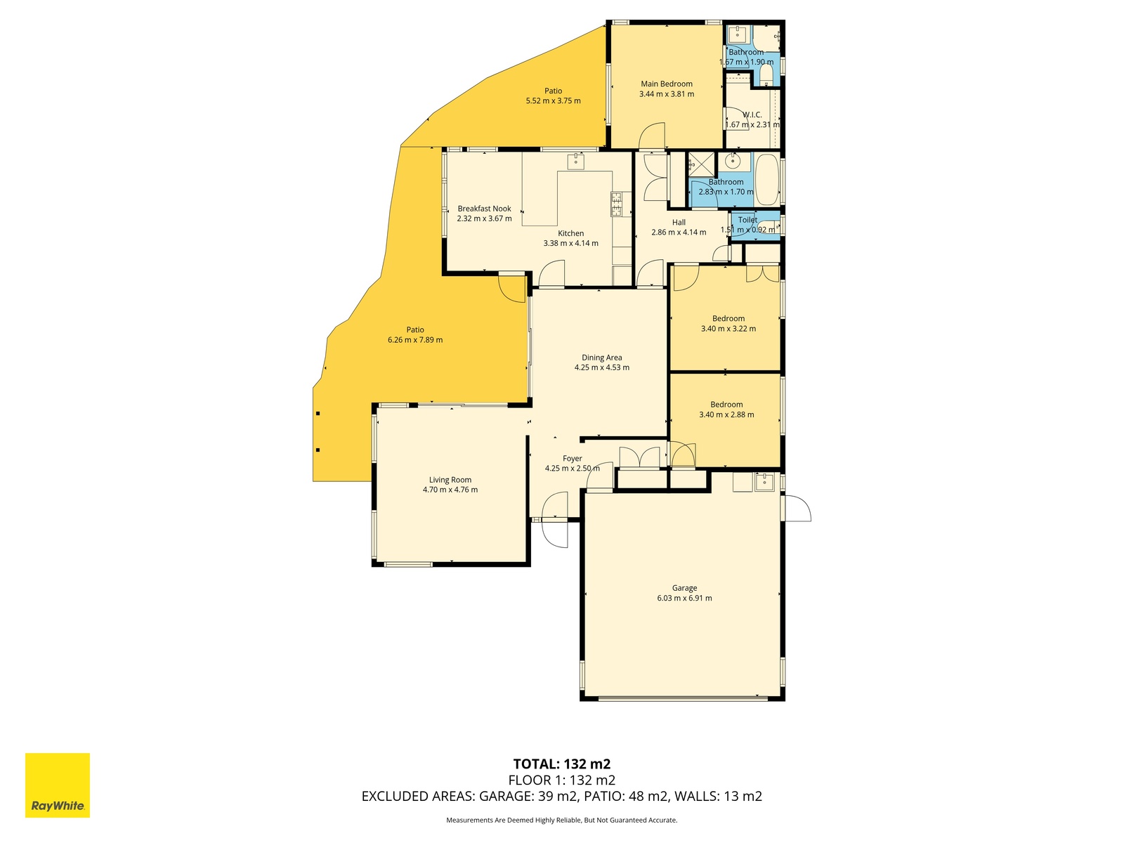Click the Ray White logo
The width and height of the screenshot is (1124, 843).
[x=58, y=785]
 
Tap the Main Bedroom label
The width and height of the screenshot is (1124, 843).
[x=666, y=84]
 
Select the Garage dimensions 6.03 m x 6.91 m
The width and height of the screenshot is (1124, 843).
[x=684, y=598]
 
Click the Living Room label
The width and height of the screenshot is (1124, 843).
[x=450, y=480]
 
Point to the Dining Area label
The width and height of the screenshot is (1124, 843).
[x=601, y=358]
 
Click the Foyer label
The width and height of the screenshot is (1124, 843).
[x=572, y=459]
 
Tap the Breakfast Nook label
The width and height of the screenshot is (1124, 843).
[x=485, y=209]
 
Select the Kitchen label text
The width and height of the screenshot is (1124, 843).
[x=570, y=233]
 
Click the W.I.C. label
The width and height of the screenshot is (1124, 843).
[x=752, y=115]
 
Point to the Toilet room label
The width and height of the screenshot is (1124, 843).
[x=747, y=220]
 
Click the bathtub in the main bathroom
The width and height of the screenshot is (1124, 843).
[x=766, y=179]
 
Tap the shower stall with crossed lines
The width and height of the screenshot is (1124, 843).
[x=702, y=164]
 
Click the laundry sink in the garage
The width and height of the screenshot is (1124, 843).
[x=764, y=482]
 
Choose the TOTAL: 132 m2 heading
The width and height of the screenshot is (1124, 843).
[x=562, y=764]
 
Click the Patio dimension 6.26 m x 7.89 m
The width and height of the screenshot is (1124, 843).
[x=415, y=340]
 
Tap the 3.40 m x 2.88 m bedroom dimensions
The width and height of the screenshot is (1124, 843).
[x=726, y=414]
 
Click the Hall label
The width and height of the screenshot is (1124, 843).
[x=679, y=222]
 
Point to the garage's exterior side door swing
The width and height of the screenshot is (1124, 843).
[x=797, y=508]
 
